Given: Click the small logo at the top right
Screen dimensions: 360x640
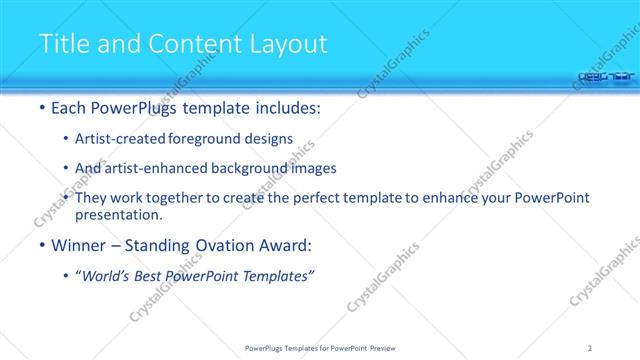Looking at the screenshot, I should coord(605,73).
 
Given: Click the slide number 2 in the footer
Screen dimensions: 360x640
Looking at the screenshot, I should coord(591,348).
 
